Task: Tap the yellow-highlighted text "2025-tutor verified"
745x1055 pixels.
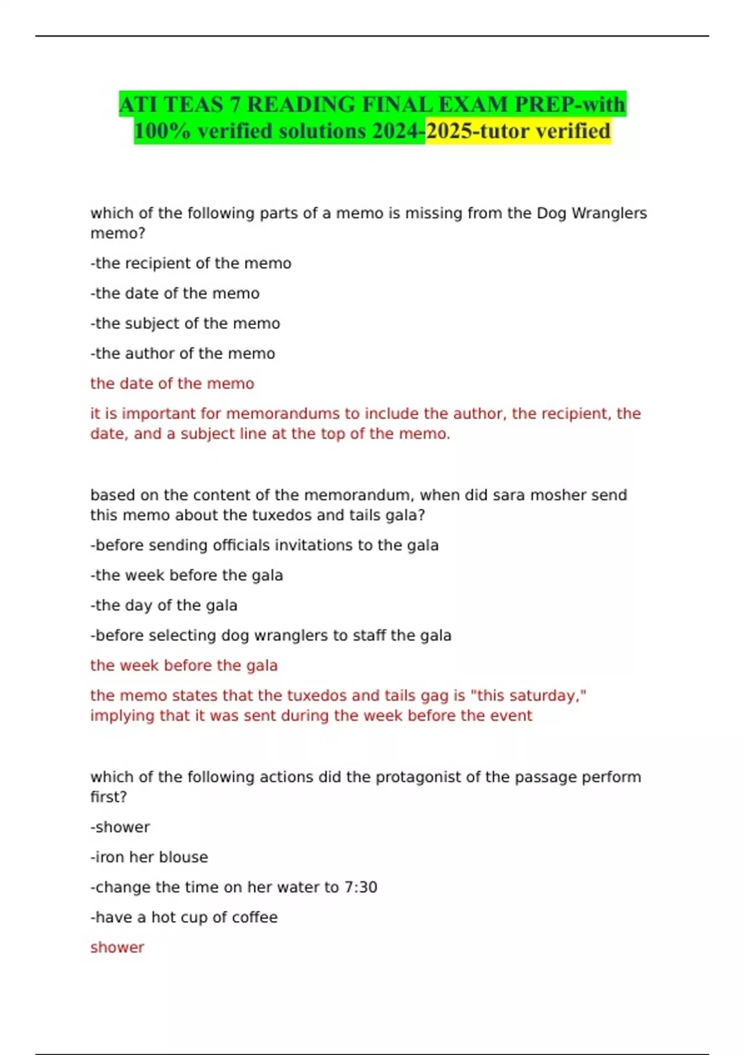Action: pyautogui.click(x=518, y=131)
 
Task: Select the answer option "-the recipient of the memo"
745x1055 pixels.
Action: pyautogui.click(x=191, y=263)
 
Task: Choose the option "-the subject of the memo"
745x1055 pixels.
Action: pyautogui.click(x=185, y=323)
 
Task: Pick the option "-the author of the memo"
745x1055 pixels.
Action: pyautogui.click(x=183, y=353)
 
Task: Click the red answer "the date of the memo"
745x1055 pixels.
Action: pyautogui.click(x=172, y=384)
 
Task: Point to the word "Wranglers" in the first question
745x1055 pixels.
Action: pyautogui.click(x=608, y=213)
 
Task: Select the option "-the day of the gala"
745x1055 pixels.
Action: pyautogui.click(x=164, y=605)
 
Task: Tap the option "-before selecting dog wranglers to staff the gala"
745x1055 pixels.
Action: pyautogui.click(x=271, y=635)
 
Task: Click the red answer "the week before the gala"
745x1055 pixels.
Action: pyautogui.click(x=184, y=665)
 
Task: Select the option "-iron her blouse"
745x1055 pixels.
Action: pyautogui.click(x=149, y=857)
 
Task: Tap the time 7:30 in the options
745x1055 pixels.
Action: pyautogui.click(x=360, y=887)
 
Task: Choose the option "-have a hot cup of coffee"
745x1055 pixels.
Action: pyautogui.click(x=184, y=917)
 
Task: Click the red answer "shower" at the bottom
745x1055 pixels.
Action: pyautogui.click(x=117, y=947)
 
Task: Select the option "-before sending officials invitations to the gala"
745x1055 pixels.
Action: pyautogui.click(x=264, y=545)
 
